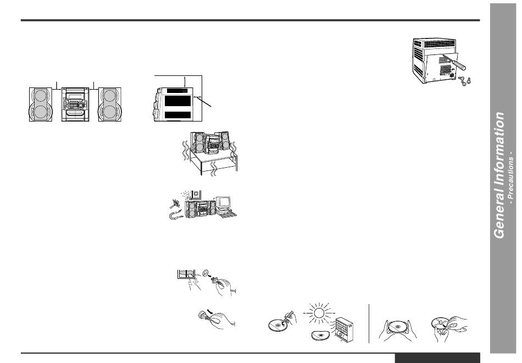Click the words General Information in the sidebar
click(499, 175)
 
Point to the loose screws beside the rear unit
click(465, 80)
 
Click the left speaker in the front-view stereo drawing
click(40, 104)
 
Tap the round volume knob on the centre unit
click(81, 105)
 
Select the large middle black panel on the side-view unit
click(179, 101)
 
